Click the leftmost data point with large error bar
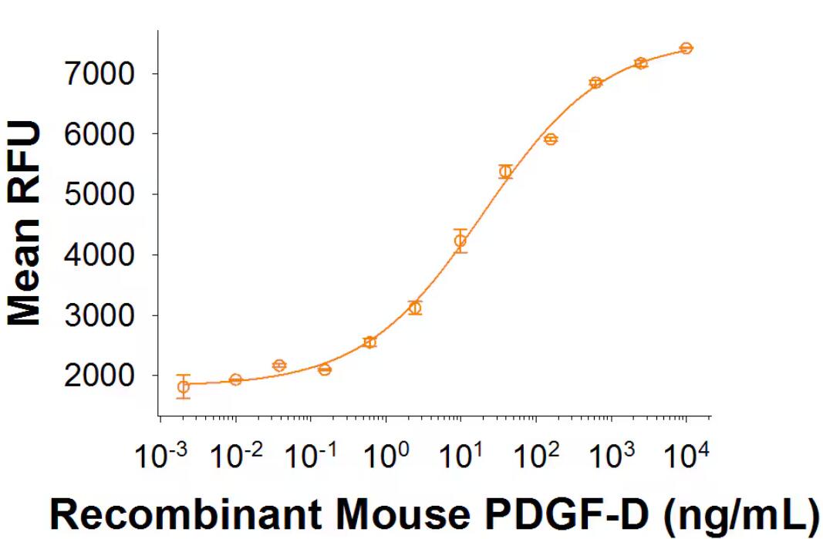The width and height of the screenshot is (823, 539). tap(184, 387)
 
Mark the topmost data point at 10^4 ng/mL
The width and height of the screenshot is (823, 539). tap(686, 49)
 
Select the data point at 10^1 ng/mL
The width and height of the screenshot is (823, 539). tap(460, 241)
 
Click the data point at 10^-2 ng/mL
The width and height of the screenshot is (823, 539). tap(236, 379)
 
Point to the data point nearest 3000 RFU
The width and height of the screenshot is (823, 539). tap(416, 308)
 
